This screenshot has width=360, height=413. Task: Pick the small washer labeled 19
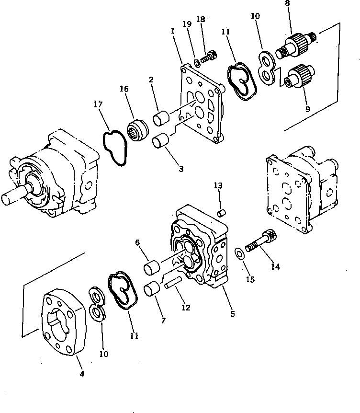point(197,62)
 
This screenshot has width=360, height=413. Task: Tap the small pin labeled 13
point(221,212)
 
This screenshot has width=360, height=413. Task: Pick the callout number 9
point(307,109)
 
